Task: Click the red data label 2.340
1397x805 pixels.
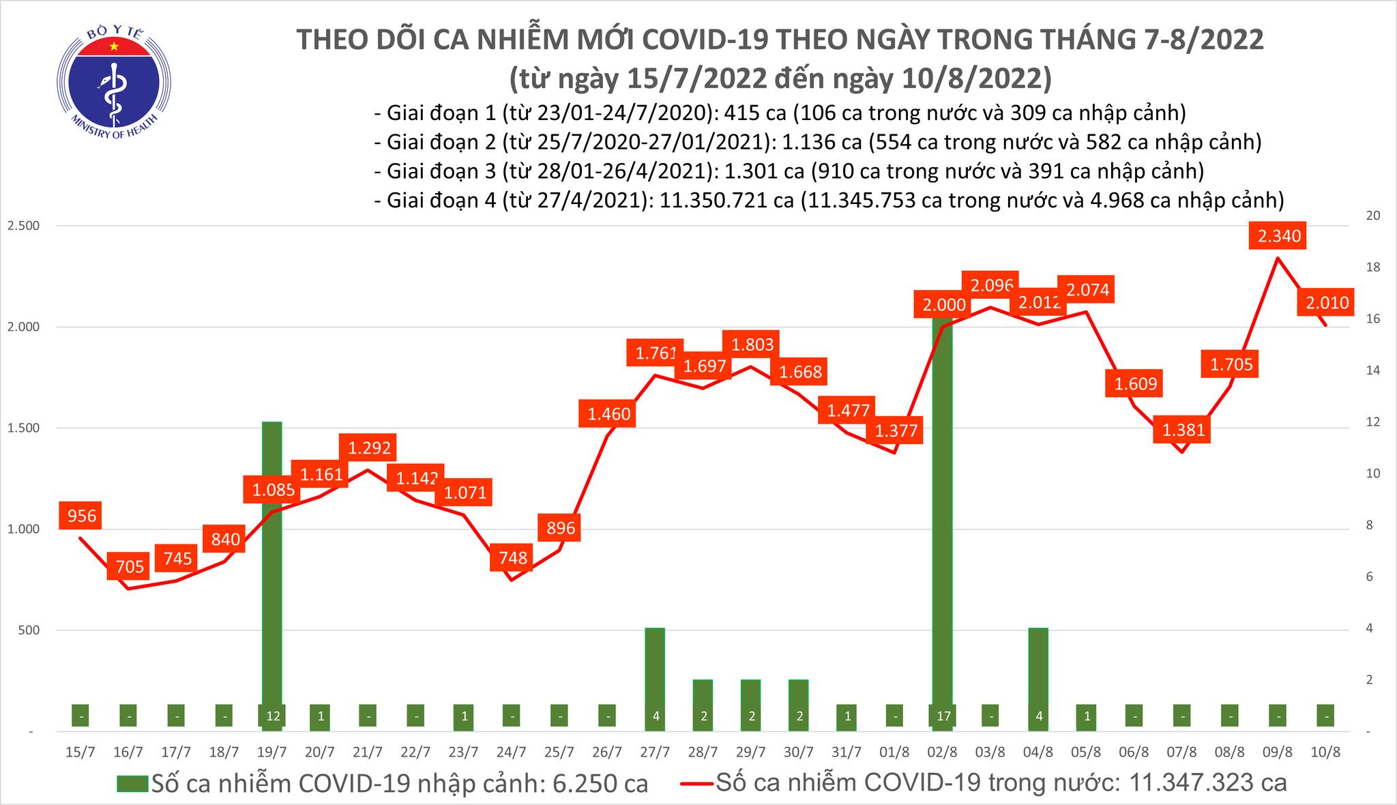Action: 1279,236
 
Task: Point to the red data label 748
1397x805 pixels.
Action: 513,557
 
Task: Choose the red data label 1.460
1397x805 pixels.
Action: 608,413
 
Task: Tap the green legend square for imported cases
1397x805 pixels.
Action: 131,784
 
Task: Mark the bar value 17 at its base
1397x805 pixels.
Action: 943,716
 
